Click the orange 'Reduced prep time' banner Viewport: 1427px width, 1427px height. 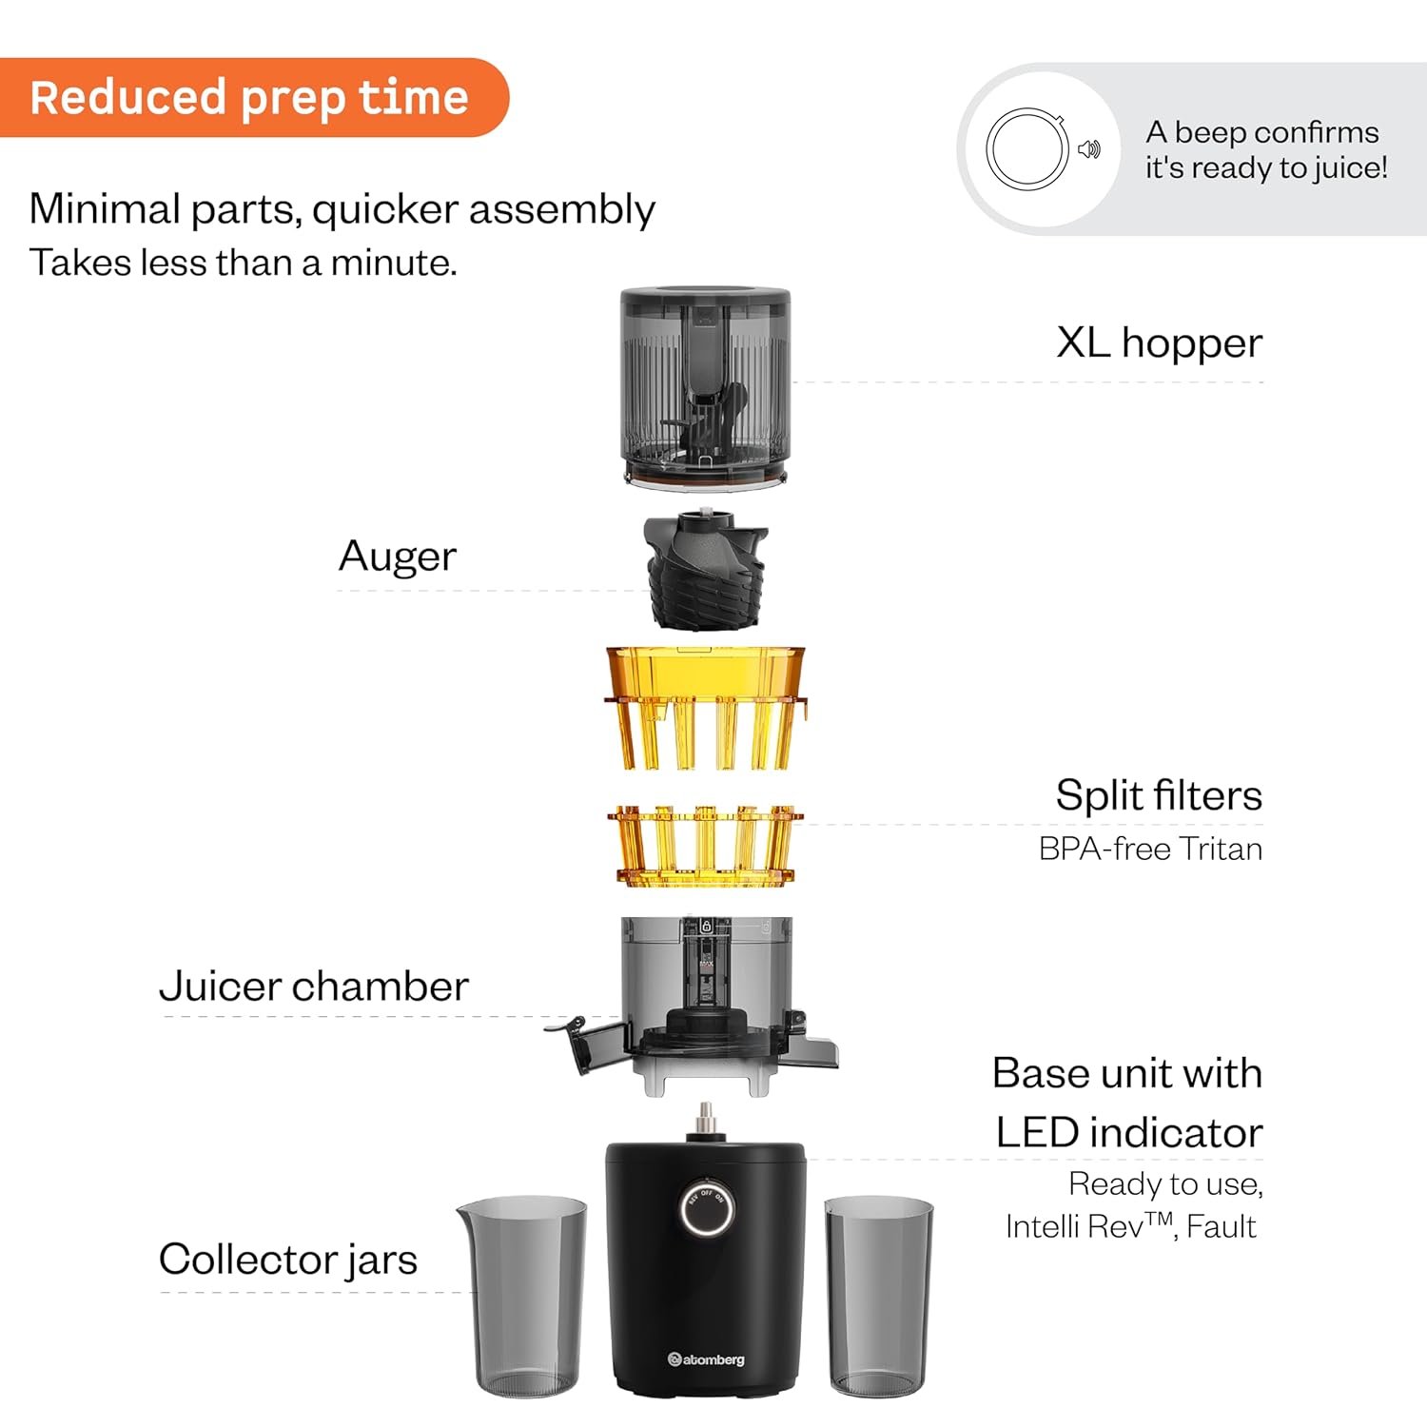pos(254,97)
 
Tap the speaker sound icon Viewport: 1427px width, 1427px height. pos(1089,149)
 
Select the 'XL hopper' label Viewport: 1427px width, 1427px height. pos(1159,342)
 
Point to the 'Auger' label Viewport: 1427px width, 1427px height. pos(398,557)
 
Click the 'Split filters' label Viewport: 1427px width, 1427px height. pos(1159,794)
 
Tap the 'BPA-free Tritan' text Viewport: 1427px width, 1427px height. pos(1150,849)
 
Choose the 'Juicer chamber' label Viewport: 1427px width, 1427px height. pos(314,986)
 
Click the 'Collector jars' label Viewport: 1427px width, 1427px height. pos(288,1260)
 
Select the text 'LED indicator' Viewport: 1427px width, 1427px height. pos(1129,1133)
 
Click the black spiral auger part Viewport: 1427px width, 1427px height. pos(705,569)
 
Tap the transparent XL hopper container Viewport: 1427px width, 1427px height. pos(705,390)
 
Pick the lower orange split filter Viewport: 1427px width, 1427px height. pos(705,847)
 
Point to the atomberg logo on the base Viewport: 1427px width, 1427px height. pos(706,1359)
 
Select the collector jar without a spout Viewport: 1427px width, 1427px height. pos(879,1296)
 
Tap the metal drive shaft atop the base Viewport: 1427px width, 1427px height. pos(705,1122)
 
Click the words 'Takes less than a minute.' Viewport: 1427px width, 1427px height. pos(244,263)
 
